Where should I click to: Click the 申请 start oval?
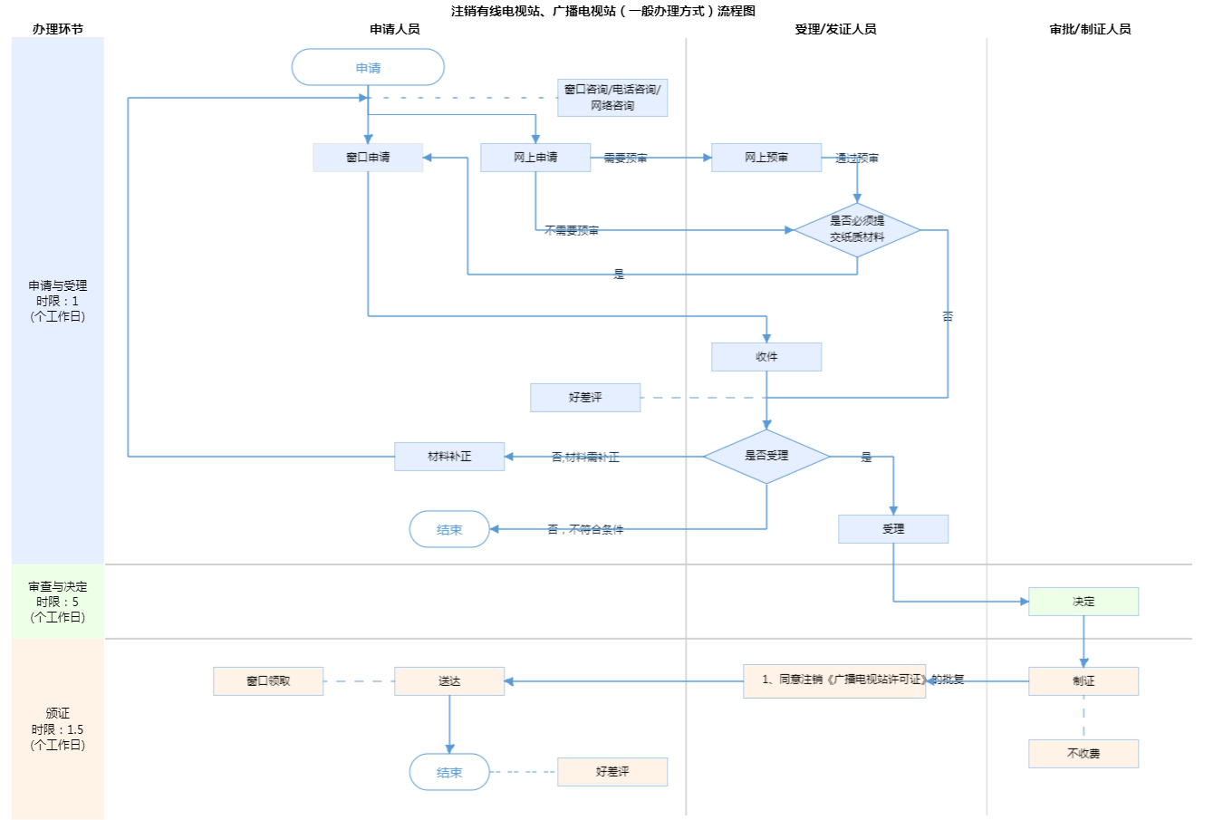click(x=368, y=68)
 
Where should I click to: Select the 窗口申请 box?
click(x=368, y=158)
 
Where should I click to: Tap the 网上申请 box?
click(x=535, y=158)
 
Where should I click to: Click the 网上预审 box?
click(x=766, y=158)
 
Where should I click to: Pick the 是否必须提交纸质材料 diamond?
click(x=857, y=229)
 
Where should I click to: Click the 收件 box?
click(x=766, y=357)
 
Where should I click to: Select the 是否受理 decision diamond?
click(x=766, y=456)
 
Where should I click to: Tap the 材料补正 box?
click(x=449, y=457)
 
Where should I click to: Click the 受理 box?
click(x=893, y=529)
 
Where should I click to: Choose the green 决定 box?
click(x=1083, y=602)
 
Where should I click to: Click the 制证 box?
click(x=1083, y=681)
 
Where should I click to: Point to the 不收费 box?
click(x=1083, y=754)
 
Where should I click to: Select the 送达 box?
click(x=449, y=681)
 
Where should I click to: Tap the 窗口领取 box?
click(x=268, y=681)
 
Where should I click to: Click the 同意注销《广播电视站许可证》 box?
click(x=834, y=680)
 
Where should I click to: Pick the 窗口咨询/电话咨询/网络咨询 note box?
click(x=612, y=98)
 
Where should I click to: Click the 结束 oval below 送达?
click(x=449, y=772)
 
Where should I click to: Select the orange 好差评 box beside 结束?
click(x=612, y=772)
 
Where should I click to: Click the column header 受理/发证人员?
click(x=835, y=29)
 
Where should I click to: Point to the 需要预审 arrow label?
click(x=625, y=159)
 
